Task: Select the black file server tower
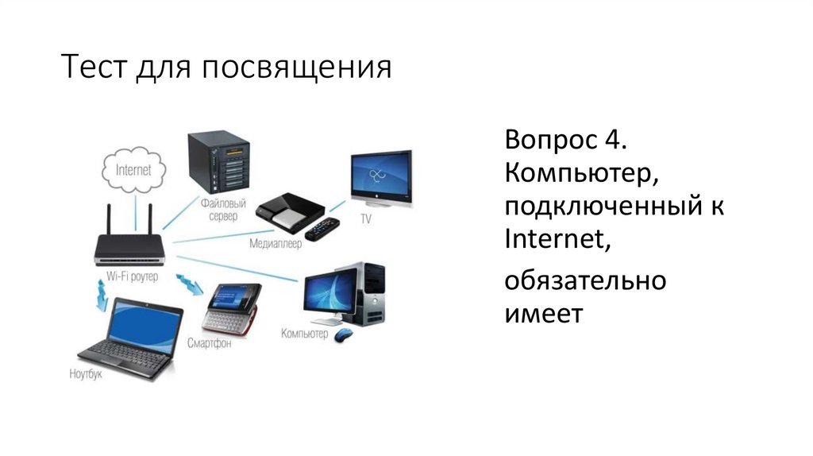[218, 164]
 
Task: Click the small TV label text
[366, 217]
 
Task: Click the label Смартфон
[209, 342]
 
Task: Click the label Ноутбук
[86, 373]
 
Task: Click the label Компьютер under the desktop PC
[304, 334]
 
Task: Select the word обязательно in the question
[585, 280]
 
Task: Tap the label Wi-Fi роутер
[132, 276]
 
